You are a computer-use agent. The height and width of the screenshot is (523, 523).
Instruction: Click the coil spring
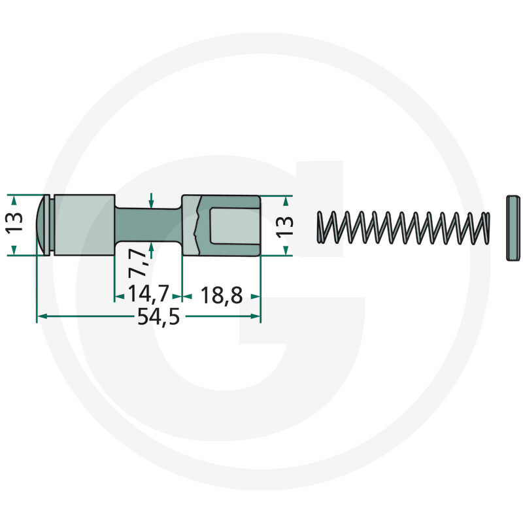point(403,228)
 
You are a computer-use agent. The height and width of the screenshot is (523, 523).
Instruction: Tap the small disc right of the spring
point(513,227)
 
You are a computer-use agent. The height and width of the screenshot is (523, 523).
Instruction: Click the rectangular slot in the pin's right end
point(233,225)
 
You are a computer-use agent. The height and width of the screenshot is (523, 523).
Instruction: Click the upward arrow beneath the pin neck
point(152,248)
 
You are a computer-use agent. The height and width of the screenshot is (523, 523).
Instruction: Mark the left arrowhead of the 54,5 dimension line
point(41,317)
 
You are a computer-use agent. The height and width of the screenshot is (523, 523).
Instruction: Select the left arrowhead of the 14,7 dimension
point(119,296)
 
